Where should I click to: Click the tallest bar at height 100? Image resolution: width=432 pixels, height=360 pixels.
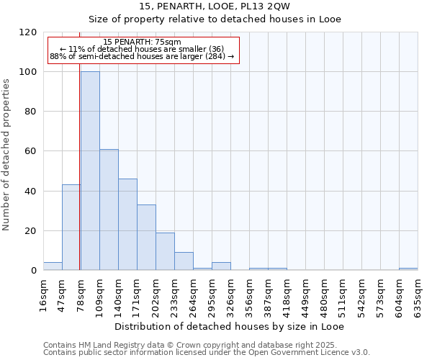coord(90,171)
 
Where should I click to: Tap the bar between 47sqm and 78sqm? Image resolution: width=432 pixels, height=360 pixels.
coord(71,228)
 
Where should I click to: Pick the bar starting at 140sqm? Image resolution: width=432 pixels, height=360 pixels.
coord(127,225)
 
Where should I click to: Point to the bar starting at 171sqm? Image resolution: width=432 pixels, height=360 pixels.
coord(146,238)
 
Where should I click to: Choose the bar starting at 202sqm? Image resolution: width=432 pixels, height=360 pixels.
coord(165,251)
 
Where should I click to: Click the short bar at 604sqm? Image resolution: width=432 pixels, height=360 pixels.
coord(408,269)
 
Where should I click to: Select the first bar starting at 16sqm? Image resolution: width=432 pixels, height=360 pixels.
coord(53,266)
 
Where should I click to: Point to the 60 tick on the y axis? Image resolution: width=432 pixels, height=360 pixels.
coord(31,151)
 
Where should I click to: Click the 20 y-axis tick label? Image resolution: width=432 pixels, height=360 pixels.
coord(31,231)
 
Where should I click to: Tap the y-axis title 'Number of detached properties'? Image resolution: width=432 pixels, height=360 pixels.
coord(6,155)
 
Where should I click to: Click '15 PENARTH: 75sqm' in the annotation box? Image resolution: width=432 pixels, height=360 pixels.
coord(142,42)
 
